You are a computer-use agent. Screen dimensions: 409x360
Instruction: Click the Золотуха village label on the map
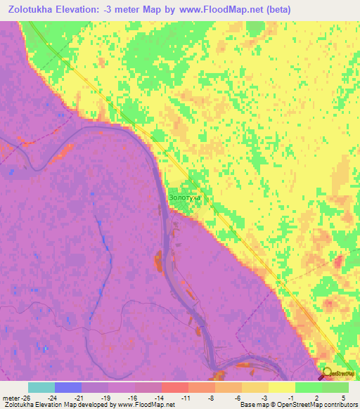[185, 198]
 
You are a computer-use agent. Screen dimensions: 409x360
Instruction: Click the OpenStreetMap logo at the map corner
[336, 372]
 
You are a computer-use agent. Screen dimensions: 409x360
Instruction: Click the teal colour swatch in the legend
[41, 387]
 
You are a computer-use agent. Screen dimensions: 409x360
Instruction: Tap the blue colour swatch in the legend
[68, 387]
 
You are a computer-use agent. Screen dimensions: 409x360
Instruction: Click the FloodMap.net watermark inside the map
[150, 377]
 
